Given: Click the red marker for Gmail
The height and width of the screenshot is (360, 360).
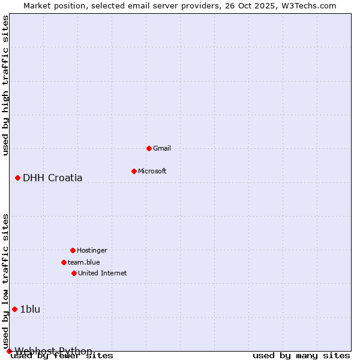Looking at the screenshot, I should [x=149, y=148].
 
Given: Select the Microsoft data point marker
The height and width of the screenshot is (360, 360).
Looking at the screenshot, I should [x=134, y=171].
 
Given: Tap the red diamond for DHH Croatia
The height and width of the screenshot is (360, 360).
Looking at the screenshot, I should [x=17, y=178].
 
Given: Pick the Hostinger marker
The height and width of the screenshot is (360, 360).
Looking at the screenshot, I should [x=73, y=250].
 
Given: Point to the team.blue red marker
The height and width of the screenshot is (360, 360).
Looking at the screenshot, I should [x=64, y=262].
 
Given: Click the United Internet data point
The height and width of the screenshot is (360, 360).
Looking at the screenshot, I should [x=74, y=273].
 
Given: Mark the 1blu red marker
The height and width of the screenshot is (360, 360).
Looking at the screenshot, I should [x=14, y=309].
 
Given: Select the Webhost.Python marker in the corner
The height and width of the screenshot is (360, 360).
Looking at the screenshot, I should [x=9, y=351].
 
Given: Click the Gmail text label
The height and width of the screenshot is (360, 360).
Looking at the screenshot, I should [x=162, y=148].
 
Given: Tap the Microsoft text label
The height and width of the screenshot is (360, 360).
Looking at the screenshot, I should [x=152, y=171].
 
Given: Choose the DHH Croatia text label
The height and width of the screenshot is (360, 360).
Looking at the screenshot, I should [x=53, y=178].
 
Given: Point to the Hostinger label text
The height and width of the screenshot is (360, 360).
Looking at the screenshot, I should [x=92, y=250].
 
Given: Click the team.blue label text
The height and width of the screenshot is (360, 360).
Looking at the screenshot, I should [x=84, y=262].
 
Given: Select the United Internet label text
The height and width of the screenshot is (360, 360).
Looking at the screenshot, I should [x=103, y=273].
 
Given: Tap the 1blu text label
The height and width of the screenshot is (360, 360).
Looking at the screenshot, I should [x=30, y=309].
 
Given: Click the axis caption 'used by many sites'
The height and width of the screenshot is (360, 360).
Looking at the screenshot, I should [x=301, y=356].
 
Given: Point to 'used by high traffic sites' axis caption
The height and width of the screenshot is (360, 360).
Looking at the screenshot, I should [x=6, y=85].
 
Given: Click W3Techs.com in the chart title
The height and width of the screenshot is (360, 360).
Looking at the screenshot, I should [x=310, y=6].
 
